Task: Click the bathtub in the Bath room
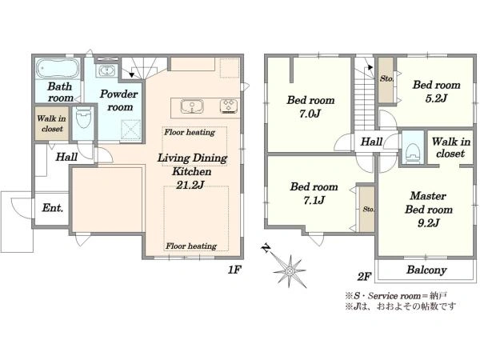tap(58, 68)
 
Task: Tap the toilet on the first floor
tap(83, 118)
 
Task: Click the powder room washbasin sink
tap(106, 70)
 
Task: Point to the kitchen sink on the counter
tap(192, 106)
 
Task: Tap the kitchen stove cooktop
tap(228, 106)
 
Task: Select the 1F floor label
tap(234, 270)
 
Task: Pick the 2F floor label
tap(364, 277)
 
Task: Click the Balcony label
tap(426, 270)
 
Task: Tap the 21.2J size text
tap(190, 185)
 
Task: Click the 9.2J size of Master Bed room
tap(429, 223)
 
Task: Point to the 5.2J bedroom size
tap(436, 98)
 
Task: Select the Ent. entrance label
tap(53, 208)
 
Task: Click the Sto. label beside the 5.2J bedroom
tap(386, 78)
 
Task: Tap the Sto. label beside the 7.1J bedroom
tap(369, 210)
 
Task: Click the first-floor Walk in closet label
tap(51, 123)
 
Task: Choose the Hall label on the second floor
tap(371, 142)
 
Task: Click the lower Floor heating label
tap(191, 246)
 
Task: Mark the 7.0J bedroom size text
tap(310, 114)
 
